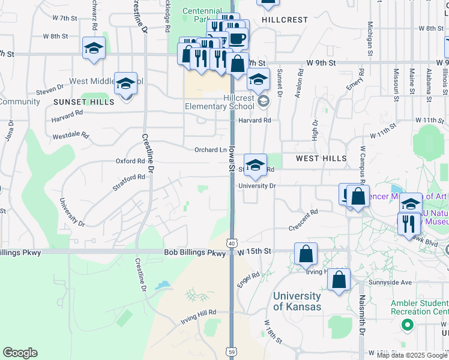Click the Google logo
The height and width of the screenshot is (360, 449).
pyautogui.click(x=20, y=353)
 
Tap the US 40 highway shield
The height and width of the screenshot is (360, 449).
pyautogui.click(x=232, y=243)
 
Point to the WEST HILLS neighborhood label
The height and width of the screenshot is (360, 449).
pyautogui.click(x=321, y=158)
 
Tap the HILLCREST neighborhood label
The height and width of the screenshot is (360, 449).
pyautogui.click(x=285, y=20)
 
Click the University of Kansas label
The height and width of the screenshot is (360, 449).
pyautogui.click(x=297, y=301)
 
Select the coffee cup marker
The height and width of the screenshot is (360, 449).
pyautogui.click(x=238, y=39)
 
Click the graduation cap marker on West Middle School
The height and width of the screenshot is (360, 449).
pyautogui.click(x=126, y=83)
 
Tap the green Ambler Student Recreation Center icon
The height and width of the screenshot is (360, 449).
pyautogui.click(x=408, y=325)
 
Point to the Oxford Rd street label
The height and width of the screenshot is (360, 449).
pyautogui.click(x=131, y=161)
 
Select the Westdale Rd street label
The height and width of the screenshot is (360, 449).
pyautogui.click(x=71, y=136)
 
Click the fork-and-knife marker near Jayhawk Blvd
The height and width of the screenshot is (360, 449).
pyautogui.click(x=408, y=224)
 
